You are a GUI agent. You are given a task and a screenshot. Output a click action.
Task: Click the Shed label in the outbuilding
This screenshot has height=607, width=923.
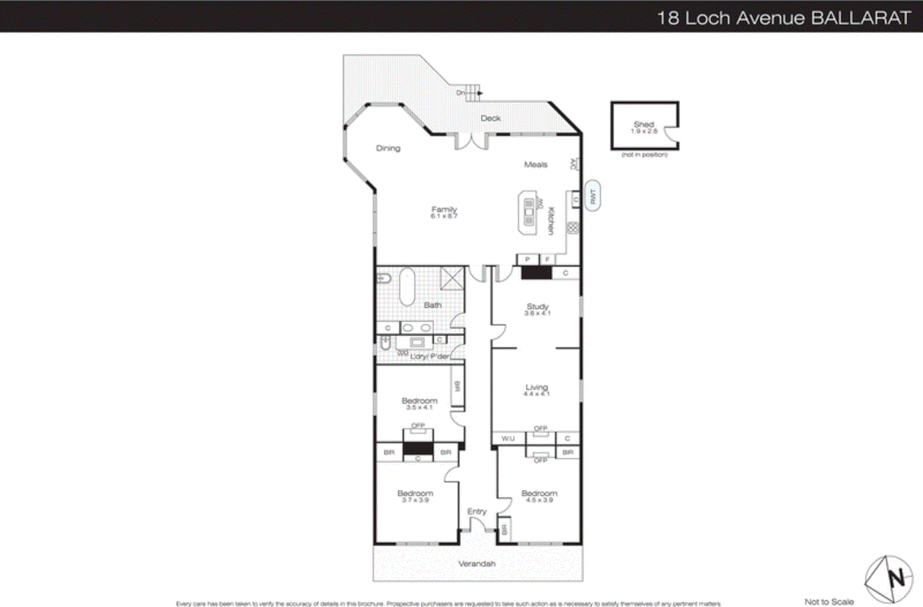point(644,125)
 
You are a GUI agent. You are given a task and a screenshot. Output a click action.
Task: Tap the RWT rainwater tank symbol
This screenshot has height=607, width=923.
point(592,196)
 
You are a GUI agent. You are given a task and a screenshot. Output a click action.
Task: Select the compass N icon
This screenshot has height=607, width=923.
point(889,579)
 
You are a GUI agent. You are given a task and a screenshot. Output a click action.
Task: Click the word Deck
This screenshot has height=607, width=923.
point(490,118)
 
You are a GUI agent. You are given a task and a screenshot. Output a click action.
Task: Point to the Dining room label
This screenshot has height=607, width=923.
point(388,148)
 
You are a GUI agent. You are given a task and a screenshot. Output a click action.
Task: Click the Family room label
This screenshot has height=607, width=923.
point(444,210)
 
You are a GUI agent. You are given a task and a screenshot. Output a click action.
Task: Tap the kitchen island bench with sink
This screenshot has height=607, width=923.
point(530,213)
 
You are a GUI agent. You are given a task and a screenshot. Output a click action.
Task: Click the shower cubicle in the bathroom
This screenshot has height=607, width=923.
point(452,278)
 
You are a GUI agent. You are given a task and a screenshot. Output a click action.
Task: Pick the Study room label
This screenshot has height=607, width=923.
point(538,307)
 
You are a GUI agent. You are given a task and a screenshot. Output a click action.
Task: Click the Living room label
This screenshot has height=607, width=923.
point(536,388)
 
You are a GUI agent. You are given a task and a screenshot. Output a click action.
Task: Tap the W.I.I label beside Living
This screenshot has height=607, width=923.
point(508,439)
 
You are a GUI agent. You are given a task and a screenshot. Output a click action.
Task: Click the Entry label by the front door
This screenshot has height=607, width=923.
point(476,511)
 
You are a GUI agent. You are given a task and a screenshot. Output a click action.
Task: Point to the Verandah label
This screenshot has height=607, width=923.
point(476,564)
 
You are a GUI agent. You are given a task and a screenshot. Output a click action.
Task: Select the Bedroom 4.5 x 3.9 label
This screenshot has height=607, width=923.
point(539,494)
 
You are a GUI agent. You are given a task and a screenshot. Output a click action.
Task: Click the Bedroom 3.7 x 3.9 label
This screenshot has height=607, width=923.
point(415,494)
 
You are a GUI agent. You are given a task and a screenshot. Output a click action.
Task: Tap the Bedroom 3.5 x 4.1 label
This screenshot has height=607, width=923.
point(419,401)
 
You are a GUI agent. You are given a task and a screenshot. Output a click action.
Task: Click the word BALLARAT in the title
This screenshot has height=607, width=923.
point(861,18)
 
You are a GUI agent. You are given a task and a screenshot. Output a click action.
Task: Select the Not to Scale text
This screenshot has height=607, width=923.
point(828,602)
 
